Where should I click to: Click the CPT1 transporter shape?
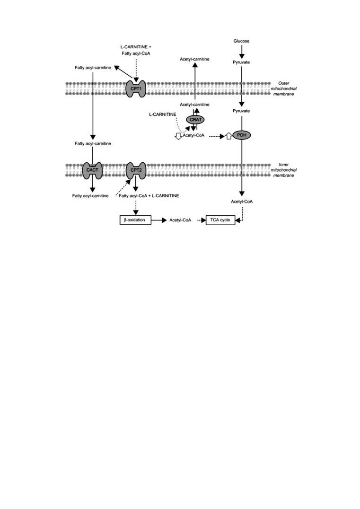coord(136,88)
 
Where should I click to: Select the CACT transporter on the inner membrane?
coord(93,170)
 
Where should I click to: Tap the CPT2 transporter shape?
coord(136,170)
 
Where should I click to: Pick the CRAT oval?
coord(195,120)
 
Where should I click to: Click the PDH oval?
coord(242,135)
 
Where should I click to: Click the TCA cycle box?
coord(220,220)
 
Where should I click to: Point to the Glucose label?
coord(242,41)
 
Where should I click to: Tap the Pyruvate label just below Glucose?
coord(242,62)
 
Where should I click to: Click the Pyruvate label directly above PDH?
coord(242,111)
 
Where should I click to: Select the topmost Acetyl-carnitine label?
coord(194,59)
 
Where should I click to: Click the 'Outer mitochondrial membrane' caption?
coord(284,88)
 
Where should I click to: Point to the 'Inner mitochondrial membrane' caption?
coord(284,170)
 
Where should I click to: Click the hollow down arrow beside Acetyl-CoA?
coord(178,136)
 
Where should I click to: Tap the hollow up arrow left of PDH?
coord(228,136)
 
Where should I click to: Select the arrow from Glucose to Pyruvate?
coord(242,52)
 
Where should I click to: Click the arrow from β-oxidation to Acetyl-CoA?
coord(159,220)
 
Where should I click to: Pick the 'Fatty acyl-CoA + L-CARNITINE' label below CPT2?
coord(149,196)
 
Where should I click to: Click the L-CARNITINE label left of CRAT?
coord(163,114)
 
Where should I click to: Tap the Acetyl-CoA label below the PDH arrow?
coord(242,202)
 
